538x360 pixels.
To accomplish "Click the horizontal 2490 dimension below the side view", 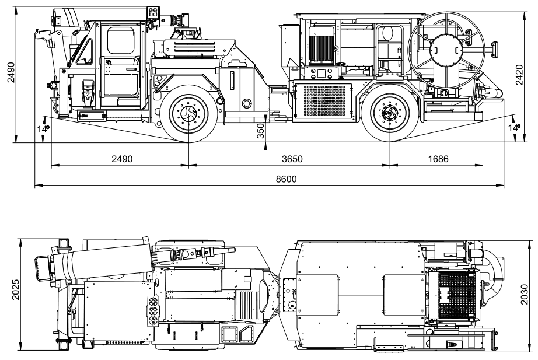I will (x=121, y=159).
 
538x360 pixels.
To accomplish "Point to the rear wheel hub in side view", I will (x=389, y=113).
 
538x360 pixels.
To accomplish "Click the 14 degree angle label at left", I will (x=43, y=128).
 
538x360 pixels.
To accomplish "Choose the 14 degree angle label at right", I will (x=513, y=128).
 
